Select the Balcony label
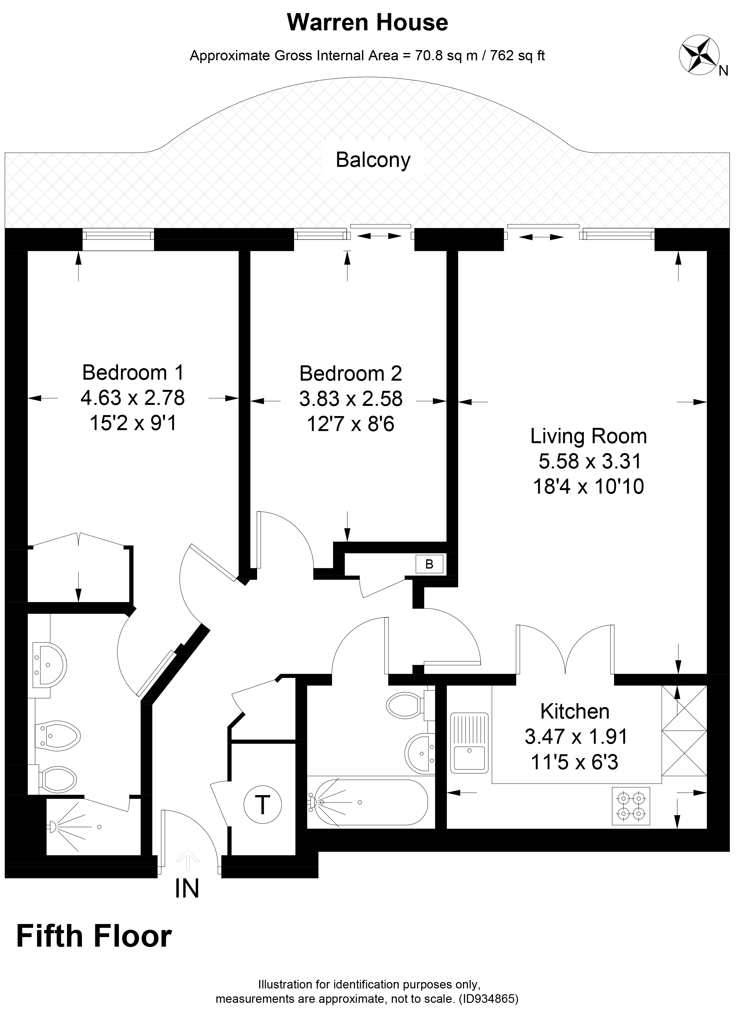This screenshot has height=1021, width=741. click(373, 160)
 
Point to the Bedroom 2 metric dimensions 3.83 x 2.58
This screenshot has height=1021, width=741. click(351, 399)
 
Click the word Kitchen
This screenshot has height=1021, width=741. click(574, 711)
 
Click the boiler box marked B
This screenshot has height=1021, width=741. click(429, 564)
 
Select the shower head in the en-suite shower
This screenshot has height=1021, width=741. click(52, 826)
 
